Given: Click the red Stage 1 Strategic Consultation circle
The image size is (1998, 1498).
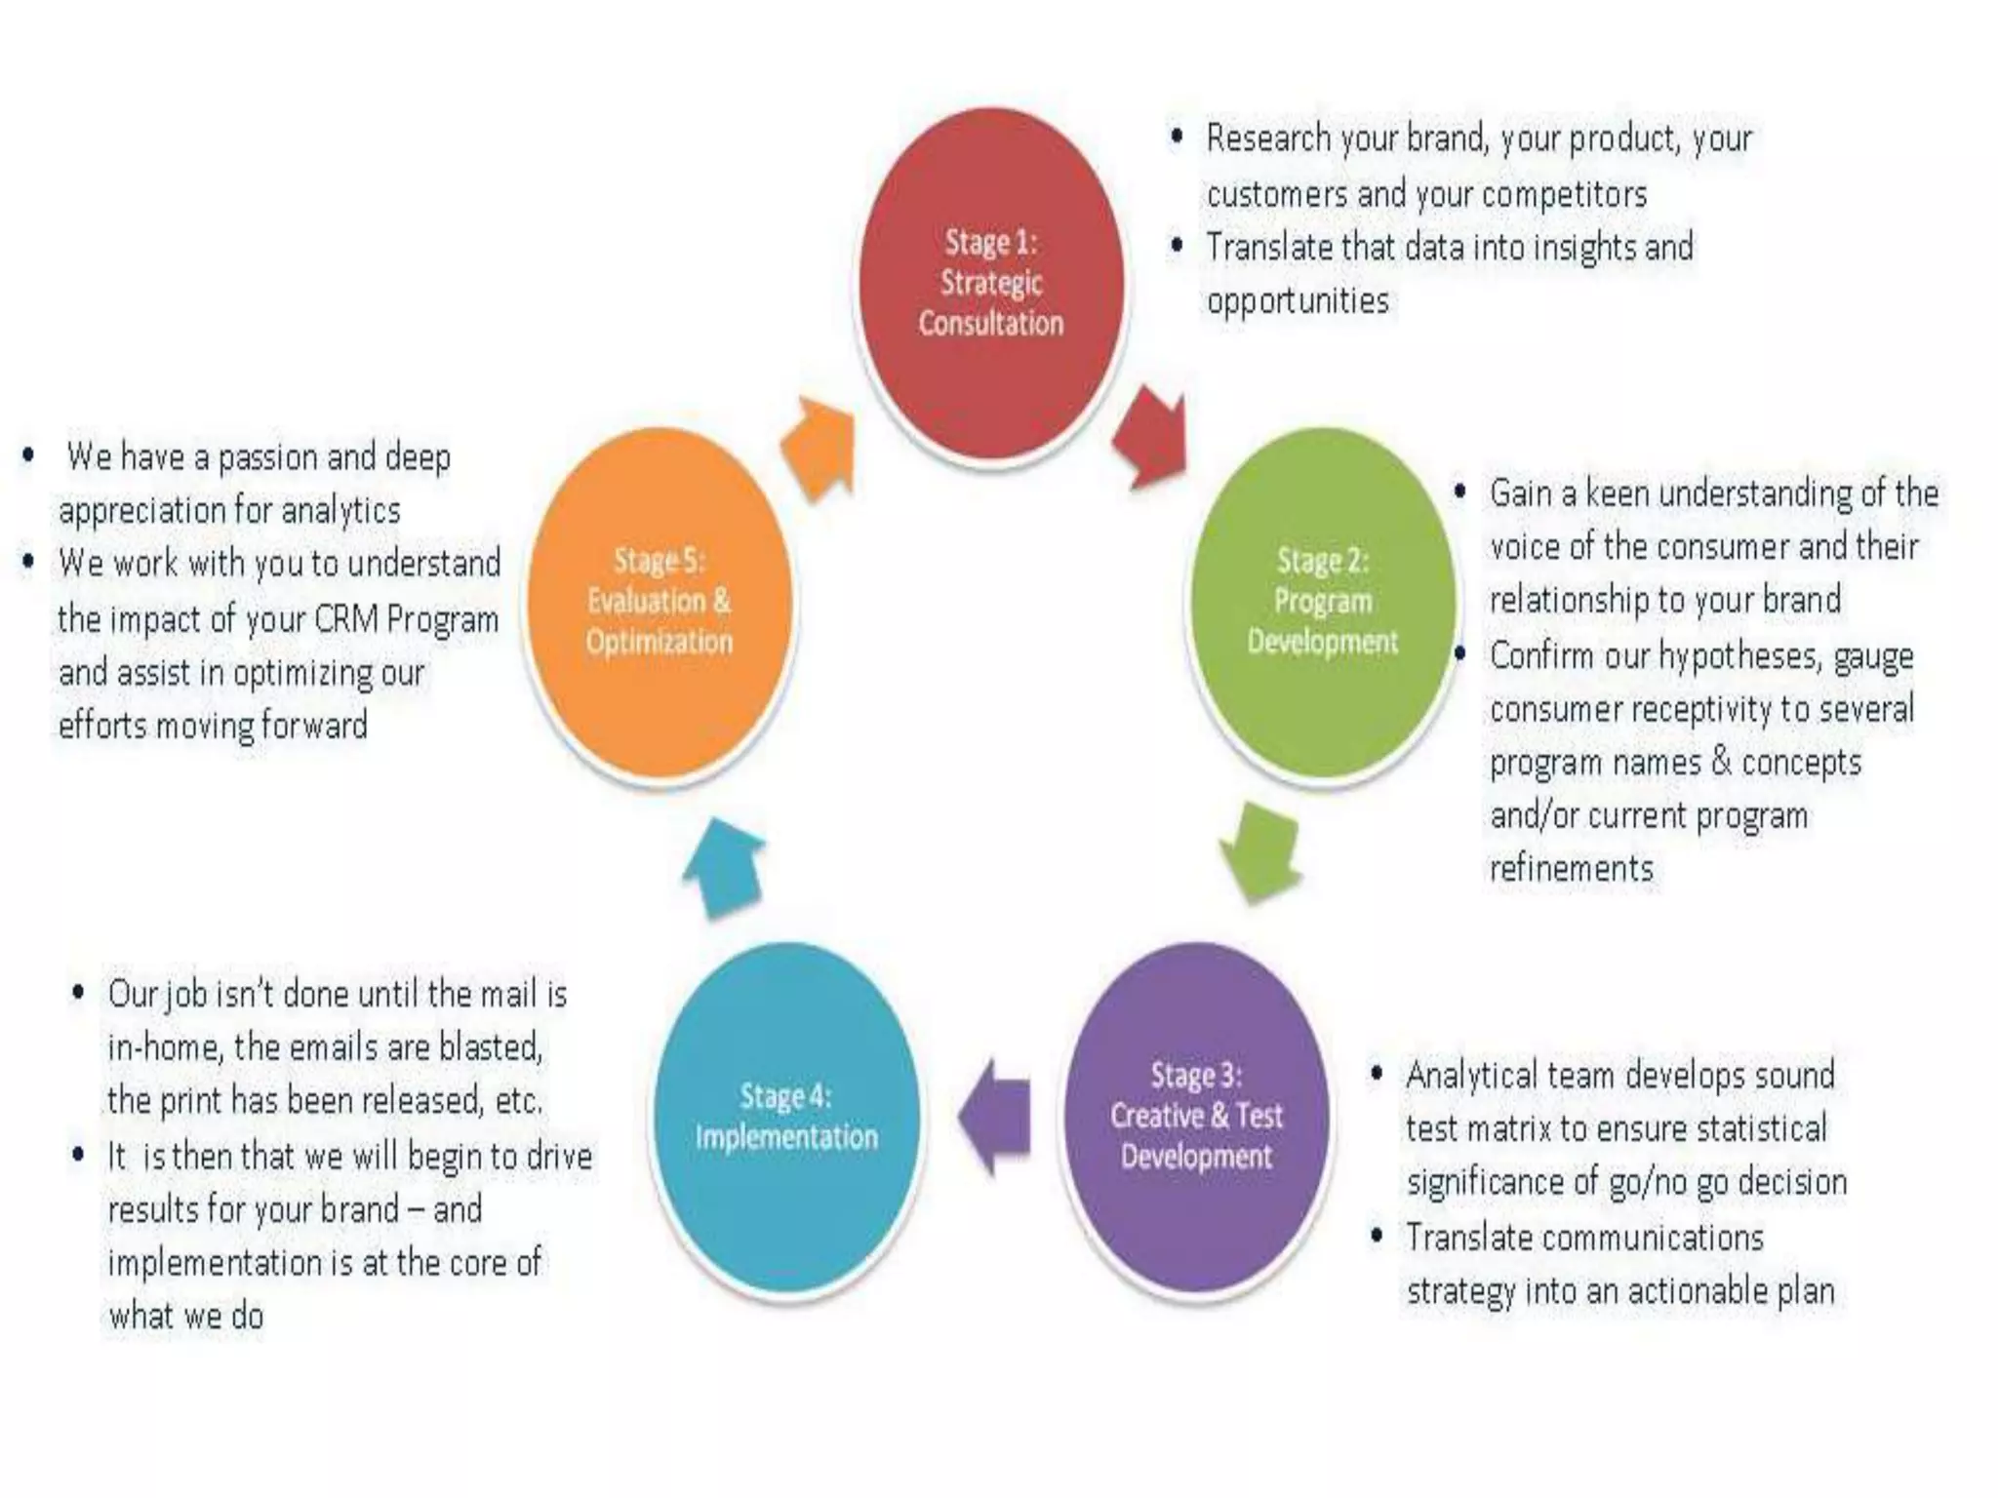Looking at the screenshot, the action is pos(990,283).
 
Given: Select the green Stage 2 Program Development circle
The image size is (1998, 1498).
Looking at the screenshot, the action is pos(1322,601).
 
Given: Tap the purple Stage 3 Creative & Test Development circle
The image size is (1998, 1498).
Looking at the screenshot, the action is pos(1196,1116).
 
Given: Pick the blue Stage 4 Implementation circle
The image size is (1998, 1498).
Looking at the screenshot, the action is pos(786,1116).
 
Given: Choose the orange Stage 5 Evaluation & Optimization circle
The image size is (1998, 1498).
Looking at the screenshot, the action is pos(659,601).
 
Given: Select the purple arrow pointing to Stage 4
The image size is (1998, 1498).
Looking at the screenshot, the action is pos(995,1116).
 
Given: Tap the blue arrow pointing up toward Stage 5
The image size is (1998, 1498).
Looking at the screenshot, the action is pos(724,866).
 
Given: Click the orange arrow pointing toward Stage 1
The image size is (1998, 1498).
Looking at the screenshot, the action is pos(820,447).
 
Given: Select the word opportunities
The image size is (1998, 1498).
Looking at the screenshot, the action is pos(1298,300).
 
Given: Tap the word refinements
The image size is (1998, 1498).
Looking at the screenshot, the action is pos(1572,868).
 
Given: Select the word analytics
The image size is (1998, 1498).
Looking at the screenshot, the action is pos(340,510).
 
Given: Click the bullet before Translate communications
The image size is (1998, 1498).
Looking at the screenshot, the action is pos(1377,1236).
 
